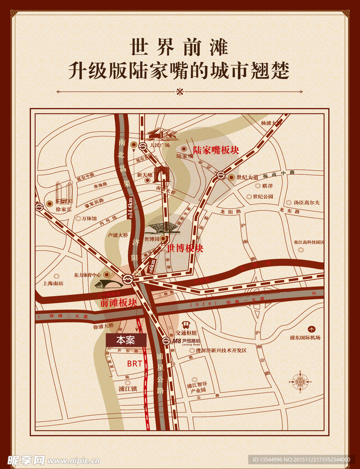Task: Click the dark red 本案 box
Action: (x=126, y=340)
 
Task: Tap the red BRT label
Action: (x=134, y=364)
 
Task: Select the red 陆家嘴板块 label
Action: (x=217, y=151)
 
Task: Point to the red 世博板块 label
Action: (x=185, y=248)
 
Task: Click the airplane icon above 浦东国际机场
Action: (x=311, y=329)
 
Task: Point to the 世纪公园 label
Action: (x=263, y=196)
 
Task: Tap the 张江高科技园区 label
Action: (x=309, y=242)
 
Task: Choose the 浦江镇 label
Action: (x=127, y=389)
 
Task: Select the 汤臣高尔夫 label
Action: (x=306, y=203)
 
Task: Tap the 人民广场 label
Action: (x=159, y=145)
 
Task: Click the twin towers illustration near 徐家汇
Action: (x=64, y=193)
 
